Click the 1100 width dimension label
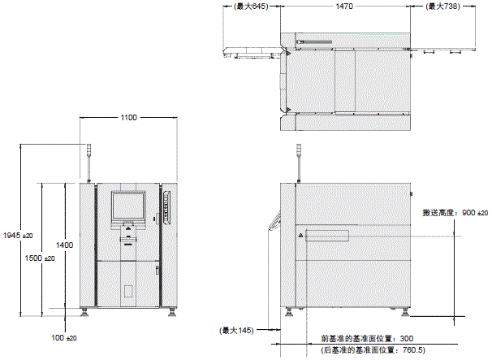pos(128,118)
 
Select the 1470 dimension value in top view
pos(344,7)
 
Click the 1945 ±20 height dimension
pos(17,235)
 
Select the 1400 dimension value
pos(65,245)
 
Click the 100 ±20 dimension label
pos(63,336)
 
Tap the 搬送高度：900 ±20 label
pos(454,213)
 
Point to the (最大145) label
pos(236,330)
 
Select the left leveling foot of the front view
pos(86,311)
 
